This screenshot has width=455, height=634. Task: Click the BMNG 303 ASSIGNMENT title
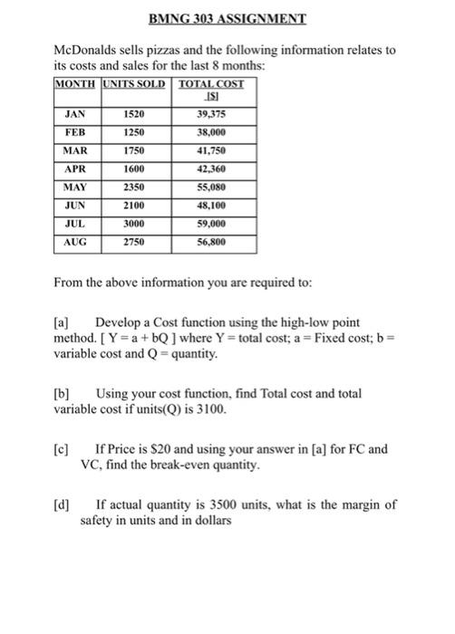coord(227,19)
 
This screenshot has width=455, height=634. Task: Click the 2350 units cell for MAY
coord(133,186)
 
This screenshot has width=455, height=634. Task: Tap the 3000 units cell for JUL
coord(133,224)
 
